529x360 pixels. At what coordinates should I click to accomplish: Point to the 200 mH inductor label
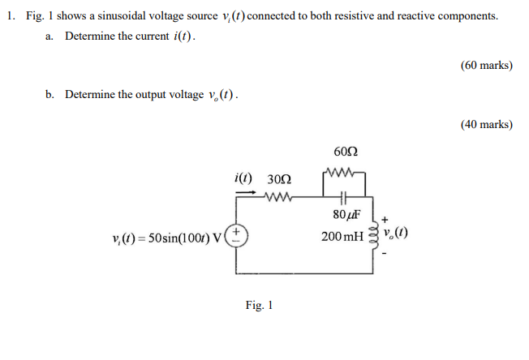point(342,237)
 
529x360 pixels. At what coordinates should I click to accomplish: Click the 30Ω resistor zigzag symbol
point(278,195)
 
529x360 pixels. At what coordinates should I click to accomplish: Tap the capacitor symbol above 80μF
point(345,195)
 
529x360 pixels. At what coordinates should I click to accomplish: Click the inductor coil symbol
point(375,235)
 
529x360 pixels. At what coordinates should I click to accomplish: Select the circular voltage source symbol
point(237,235)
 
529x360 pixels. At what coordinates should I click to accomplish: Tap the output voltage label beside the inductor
point(397,235)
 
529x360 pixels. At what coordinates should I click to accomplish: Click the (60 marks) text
point(486,65)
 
